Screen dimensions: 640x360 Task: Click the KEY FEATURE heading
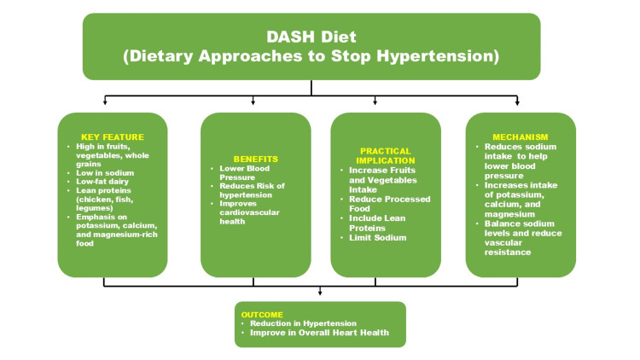coord(113,137)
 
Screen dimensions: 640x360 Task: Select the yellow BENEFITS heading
coord(255,160)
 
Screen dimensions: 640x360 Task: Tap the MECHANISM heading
coord(520,137)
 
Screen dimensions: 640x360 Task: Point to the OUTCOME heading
coord(262,315)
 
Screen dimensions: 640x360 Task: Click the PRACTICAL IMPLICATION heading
coord(386,156)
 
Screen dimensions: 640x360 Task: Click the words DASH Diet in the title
coord(311,37)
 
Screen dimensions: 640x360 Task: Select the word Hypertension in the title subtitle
coord(435,56)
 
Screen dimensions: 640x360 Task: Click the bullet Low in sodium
coord(105,172)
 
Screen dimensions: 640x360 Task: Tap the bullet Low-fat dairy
coord(102,182)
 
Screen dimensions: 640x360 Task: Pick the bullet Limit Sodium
coord(377,237)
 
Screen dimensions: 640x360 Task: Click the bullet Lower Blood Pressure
coord(245,172)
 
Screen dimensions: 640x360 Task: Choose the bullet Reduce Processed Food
coord(389,204)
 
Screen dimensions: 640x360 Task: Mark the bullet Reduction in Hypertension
coord(303,323)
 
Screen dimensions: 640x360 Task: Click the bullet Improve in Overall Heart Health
coord(319,333)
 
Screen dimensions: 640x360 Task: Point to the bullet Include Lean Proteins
coord(377,223)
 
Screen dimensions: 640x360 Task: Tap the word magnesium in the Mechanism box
coord(509,214)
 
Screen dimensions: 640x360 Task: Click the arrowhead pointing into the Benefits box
coord(253,102)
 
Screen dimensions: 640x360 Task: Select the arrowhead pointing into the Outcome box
coord(320,293)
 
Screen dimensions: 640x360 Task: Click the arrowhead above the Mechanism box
coord(517,103)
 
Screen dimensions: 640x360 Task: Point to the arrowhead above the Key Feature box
coord(105,102)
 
